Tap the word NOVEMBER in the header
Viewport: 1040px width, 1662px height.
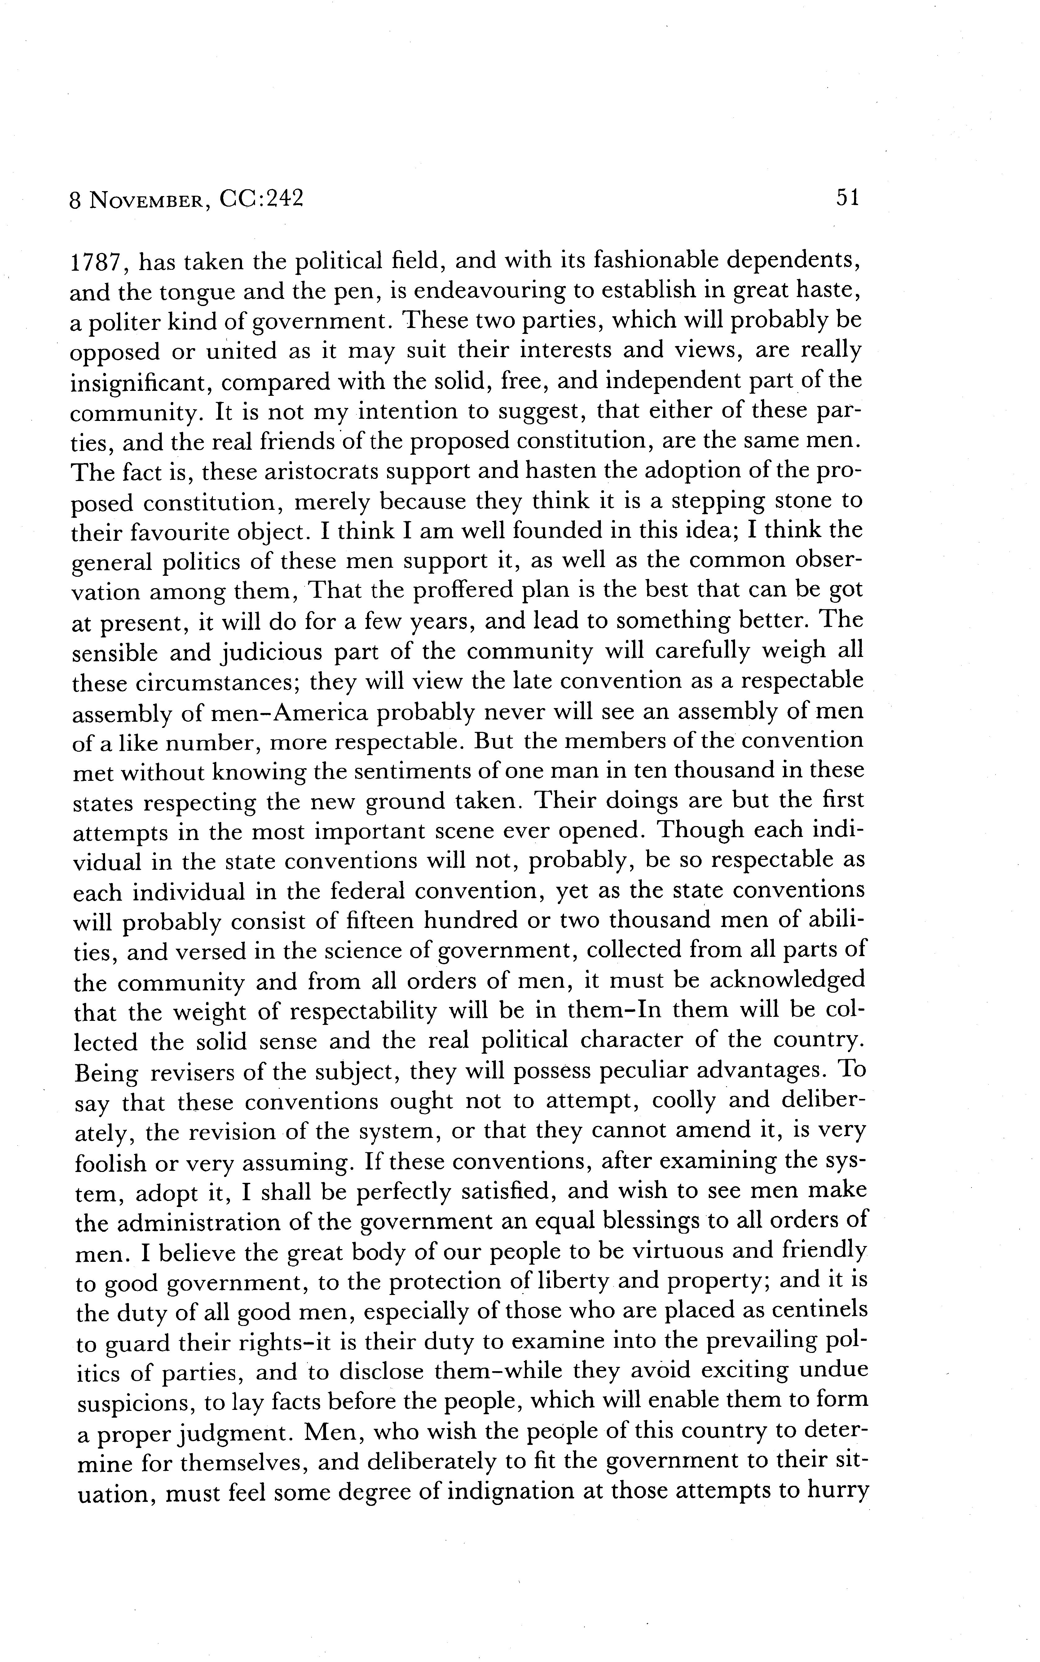click(147, 200)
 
